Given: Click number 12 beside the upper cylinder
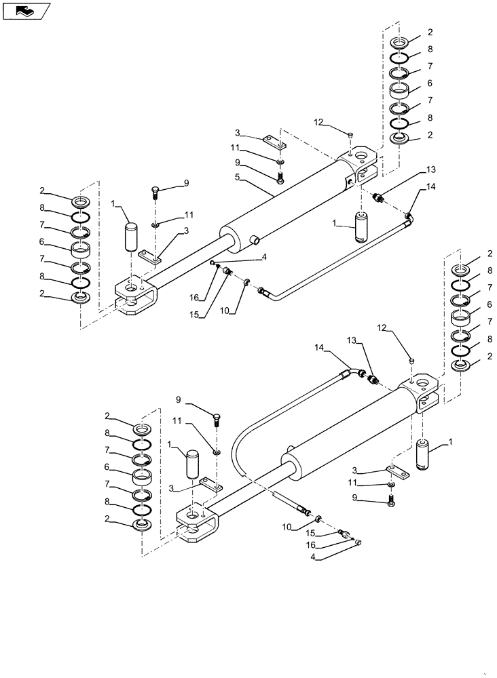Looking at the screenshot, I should click(x=319, y=122).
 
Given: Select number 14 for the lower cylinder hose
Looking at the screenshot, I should click(x=320, y=346).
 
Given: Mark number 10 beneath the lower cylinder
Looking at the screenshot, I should click(x=287, y=527).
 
